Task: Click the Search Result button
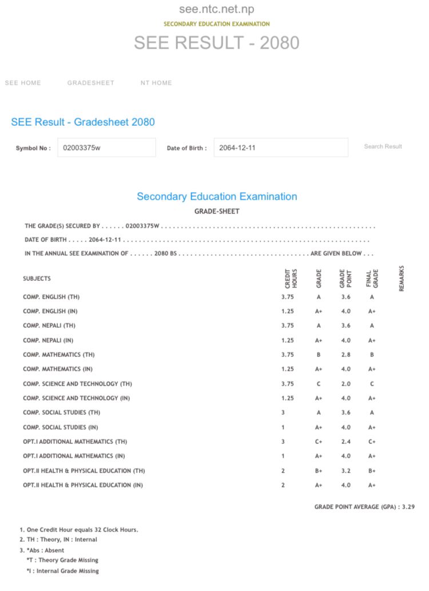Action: point(383,146)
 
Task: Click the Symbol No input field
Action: point(106,148)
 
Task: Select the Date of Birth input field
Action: point(280,148)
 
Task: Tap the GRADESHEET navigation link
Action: point(91,83)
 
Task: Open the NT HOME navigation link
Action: point(156,83)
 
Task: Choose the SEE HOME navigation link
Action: point(23,83)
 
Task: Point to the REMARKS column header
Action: point(402,278)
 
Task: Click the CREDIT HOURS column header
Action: point(291,278)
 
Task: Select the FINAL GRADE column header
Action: point(372,278)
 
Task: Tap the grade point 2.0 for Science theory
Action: point(345,384)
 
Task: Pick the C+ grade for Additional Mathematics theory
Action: point(319,442)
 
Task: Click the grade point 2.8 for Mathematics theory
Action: point(345,355)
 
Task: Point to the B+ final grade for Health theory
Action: point(372,471)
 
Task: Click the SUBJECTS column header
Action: point(37,279)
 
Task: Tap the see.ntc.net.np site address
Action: point(216,9)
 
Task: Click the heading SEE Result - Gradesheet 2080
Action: point(83,122)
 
